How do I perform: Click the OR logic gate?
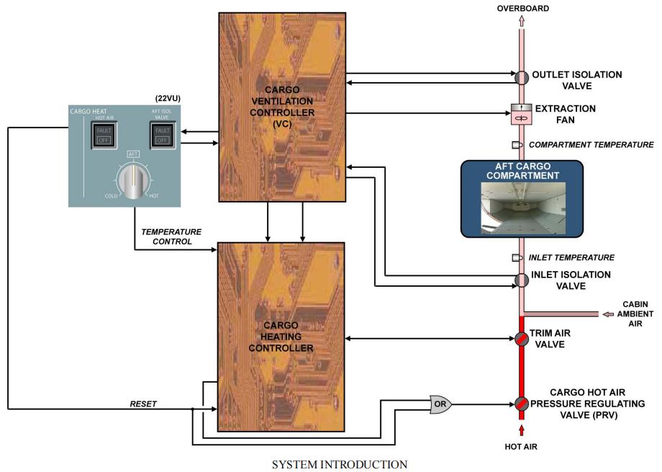[x=440, y=404]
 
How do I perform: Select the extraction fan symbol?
[x=520, y=112]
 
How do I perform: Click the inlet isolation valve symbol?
[x=520, y=280]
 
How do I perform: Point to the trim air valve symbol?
[x=520, y=339]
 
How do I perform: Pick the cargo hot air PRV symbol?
[x=520, y=404]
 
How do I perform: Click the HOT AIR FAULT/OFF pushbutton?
[x=104, y=134]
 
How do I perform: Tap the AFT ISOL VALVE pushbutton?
[x=163, y=134]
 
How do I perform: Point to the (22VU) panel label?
[x=170, y=98]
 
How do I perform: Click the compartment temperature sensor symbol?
[x=516, y=145]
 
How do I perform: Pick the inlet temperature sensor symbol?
[x=516, y=257]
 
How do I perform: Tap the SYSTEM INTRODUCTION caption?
[x=339, y=463]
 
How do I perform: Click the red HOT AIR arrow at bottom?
[x=520, y=431]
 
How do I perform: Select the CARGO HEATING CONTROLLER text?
[x=281, y=337]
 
